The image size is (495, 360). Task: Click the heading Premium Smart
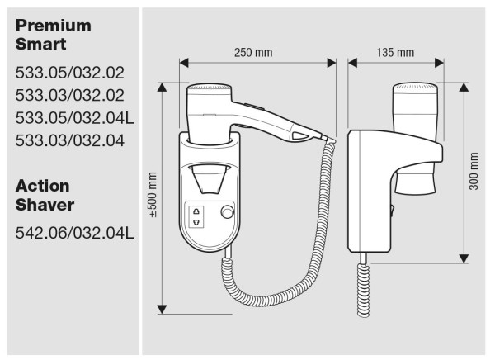(x=53, y=35)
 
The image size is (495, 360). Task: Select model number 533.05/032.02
(x=69, y=74)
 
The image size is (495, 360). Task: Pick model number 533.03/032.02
(x=69, y=96)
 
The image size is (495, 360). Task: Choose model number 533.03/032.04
(x=69, y=140)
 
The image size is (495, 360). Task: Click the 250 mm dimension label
(x=252, y=53)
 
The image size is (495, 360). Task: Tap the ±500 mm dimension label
(x=153, y=195)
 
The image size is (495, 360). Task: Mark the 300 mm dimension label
(x=474, y=171)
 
